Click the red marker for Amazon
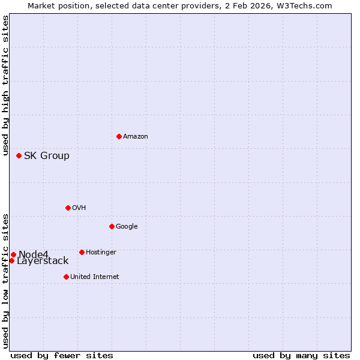119,136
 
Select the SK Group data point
19,155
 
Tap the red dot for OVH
68,208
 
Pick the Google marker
112,226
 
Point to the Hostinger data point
82,252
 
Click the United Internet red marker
66,277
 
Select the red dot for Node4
13,254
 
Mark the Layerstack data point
11,260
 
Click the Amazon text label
136,137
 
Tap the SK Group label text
47,156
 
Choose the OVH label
79,208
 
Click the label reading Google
127,227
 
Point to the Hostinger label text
101,253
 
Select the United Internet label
95,277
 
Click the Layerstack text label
43,261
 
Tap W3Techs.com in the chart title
307,5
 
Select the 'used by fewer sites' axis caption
62,355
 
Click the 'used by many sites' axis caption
301,355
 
